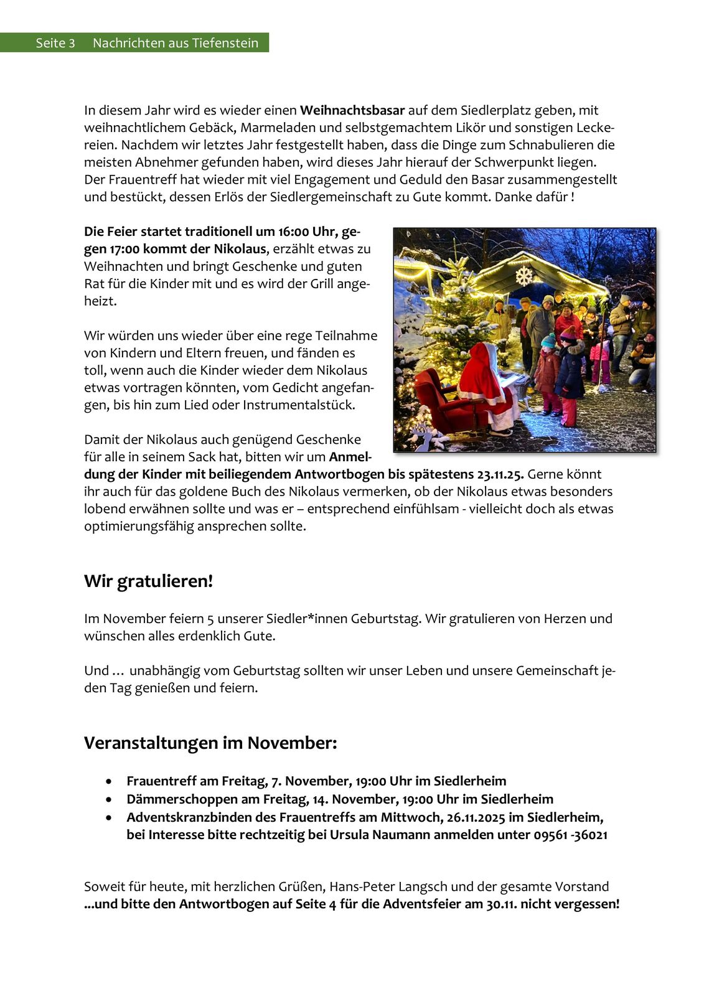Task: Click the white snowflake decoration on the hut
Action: click(524, 275)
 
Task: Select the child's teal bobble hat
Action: click(548, 341)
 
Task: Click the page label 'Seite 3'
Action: click(55, 43)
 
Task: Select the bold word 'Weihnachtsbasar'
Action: click(352, 111)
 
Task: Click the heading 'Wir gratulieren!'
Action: click(148, 581)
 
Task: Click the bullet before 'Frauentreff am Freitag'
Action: click(110, 781)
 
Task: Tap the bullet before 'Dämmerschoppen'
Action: click(110, 799)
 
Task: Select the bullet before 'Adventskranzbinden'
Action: click(110, 817)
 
